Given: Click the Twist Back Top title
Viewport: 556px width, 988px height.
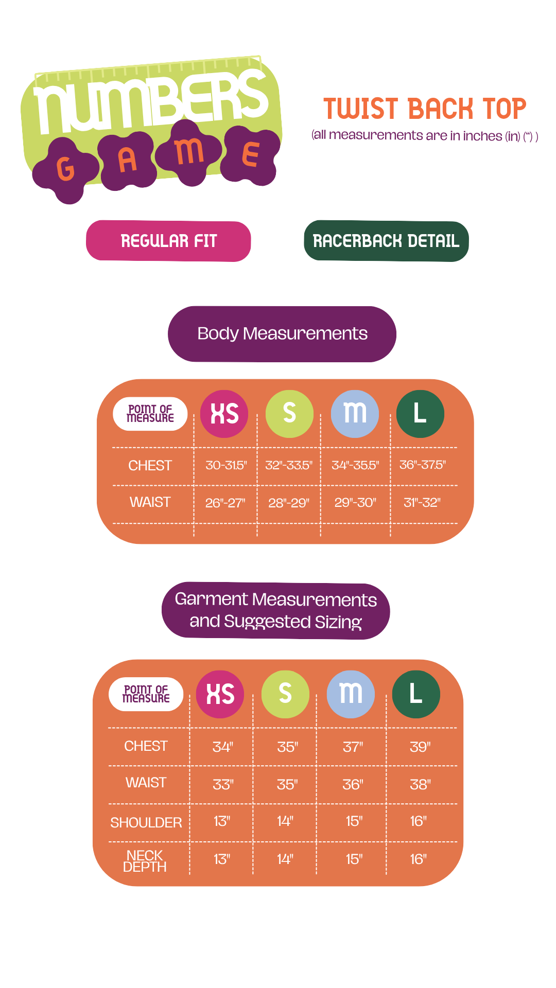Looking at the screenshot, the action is coord(425,109).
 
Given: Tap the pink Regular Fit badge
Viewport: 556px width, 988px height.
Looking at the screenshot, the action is coord(168,241).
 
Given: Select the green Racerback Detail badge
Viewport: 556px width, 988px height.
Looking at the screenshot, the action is coord(386,241).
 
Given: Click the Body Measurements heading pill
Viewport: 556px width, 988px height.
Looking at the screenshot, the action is coord(282,334).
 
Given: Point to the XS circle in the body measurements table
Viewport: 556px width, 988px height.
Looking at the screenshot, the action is coord(224,414).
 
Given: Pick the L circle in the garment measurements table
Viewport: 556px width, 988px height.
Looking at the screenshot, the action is coord(416,694).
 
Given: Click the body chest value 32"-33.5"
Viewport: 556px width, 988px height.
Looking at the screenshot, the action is coord(289,465).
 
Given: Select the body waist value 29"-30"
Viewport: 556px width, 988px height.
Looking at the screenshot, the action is coord(355,502).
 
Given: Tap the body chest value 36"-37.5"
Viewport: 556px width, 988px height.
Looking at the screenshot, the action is coord(423,465).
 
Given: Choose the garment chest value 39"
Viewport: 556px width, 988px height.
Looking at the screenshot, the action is coord(420,747).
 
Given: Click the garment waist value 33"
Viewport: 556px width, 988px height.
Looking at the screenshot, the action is coord(223,784).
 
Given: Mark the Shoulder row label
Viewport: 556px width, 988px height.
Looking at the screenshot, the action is coord(146,822).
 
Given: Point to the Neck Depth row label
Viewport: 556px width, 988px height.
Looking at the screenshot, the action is coord(145,861).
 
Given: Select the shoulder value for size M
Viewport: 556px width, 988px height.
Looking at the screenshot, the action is coord(354,821).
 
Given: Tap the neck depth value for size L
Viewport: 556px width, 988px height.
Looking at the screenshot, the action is coord(418,859).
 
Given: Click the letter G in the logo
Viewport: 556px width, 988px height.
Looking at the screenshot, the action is coord(65,168).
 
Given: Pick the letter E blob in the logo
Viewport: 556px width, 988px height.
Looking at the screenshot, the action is coord(251,154).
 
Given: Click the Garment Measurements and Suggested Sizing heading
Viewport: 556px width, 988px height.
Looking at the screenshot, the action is coord(276,611).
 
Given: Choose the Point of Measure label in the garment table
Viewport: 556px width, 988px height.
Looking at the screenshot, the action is coord(146,694).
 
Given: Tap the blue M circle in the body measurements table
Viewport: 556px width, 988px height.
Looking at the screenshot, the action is coord(355,414).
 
